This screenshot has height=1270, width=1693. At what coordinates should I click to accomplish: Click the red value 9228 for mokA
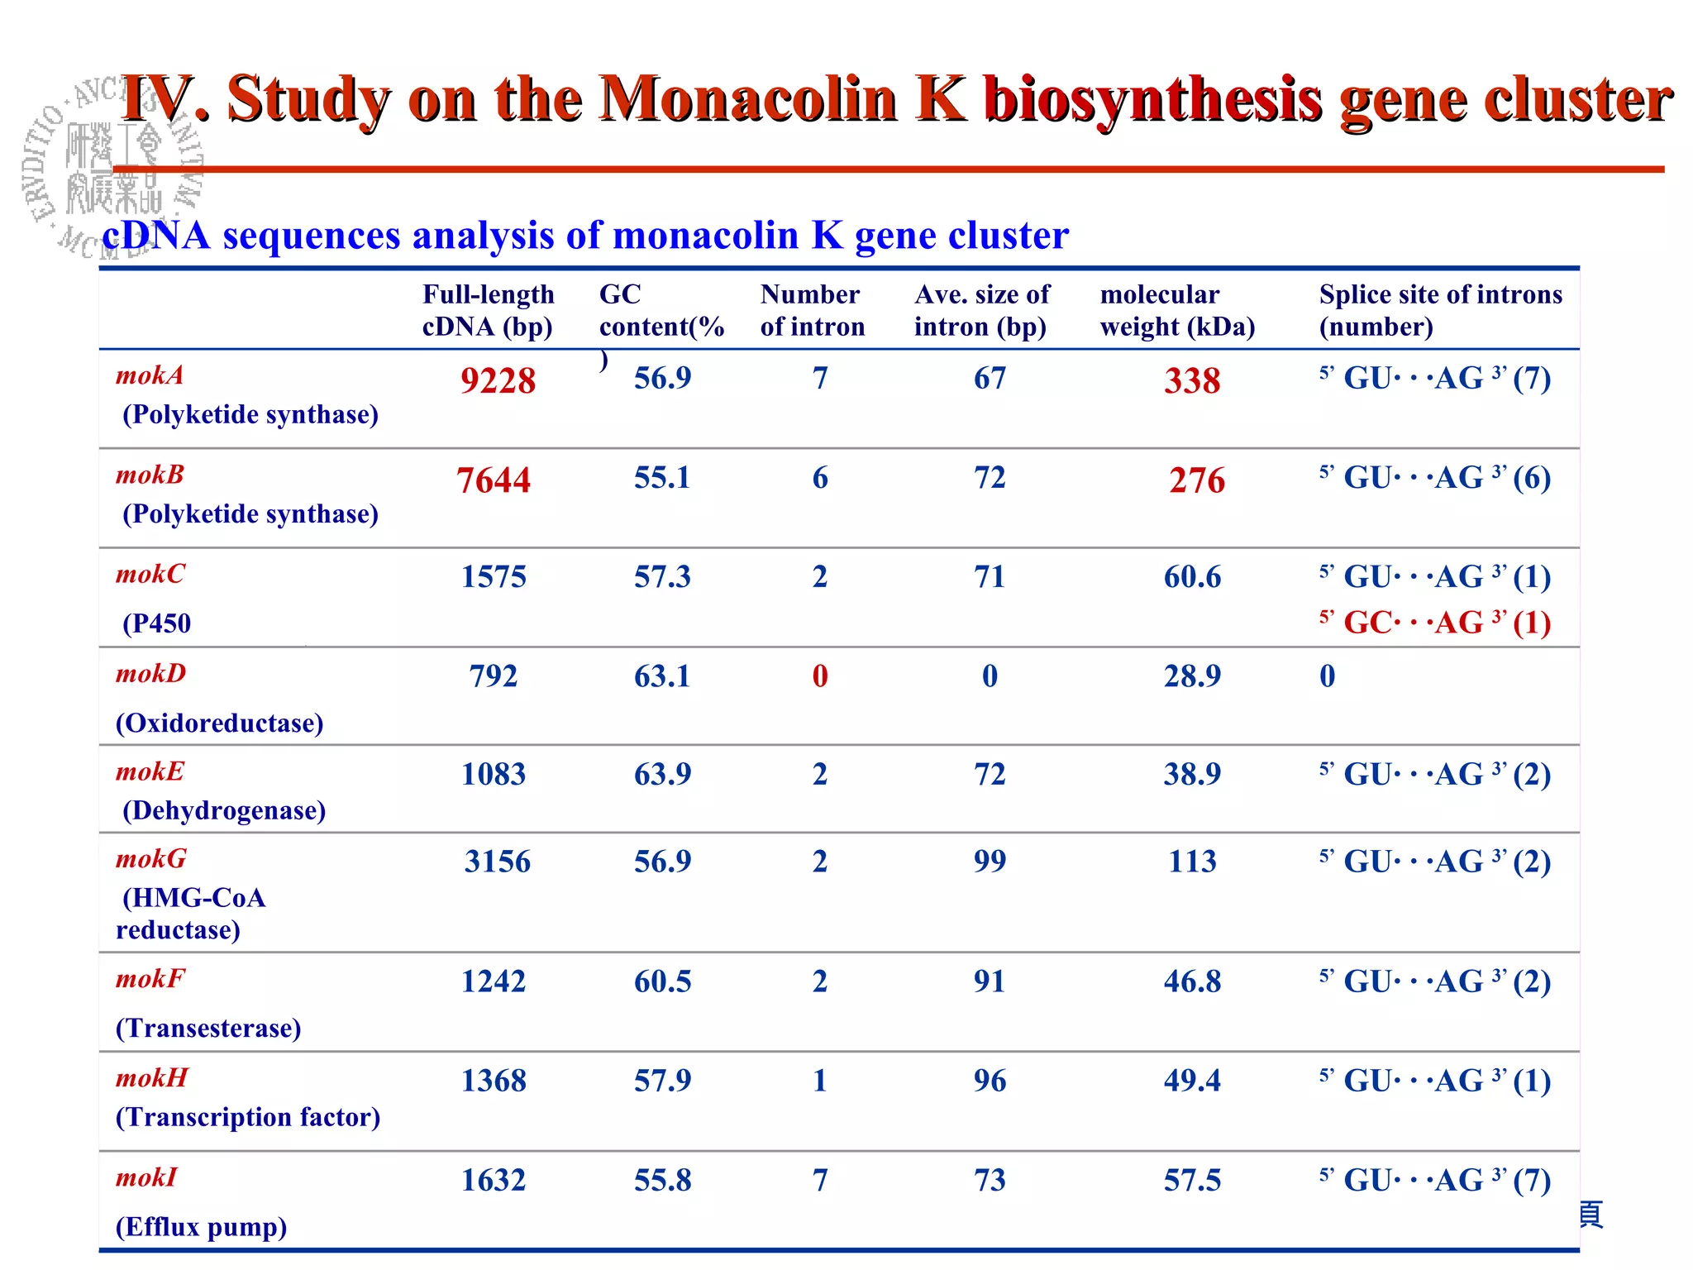tap(498, 380)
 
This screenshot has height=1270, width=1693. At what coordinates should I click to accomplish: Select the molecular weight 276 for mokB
tap(1196, 480)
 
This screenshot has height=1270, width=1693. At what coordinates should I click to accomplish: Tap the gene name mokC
tap(150, 574)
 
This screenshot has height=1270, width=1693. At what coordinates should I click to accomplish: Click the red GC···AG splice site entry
tap(1434, 623)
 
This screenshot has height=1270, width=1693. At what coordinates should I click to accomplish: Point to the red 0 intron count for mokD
tap(819, 676)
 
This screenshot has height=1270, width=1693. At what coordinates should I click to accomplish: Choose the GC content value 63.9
tap(662, 775)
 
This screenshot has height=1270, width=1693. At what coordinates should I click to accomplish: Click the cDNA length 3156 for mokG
tap(497, 862)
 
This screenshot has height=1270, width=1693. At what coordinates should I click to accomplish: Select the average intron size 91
tap(990, 981)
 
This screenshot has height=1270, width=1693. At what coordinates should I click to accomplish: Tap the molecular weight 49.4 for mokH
tap(1192, 1081)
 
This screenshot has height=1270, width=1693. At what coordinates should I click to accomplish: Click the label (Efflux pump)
tap(201, 1226)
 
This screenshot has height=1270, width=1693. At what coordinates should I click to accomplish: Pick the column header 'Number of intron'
tap(812, 310)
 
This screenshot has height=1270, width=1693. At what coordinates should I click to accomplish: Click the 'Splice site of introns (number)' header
tap(1440, 310)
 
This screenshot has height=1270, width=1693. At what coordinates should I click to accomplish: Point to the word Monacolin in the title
tap(748, 99)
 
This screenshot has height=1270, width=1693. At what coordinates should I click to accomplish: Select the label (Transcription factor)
tap(247, 1117)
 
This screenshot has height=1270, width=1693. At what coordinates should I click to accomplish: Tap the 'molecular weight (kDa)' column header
tap(1177, 310)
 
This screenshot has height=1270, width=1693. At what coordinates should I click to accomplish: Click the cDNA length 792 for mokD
tap(493, 676)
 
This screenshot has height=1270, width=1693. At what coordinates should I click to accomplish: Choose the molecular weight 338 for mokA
tap(1192, 380)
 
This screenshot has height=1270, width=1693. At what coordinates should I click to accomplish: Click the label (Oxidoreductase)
tap(219, 723)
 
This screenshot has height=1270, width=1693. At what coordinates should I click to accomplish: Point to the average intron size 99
tap(990, 862)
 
